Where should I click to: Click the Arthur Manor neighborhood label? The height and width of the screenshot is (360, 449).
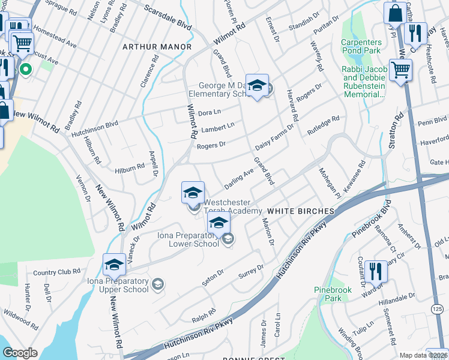click(157, 47)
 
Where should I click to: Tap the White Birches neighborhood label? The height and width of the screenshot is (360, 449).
click(300, 211)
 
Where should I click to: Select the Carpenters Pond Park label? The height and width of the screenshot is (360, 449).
click(361, 46)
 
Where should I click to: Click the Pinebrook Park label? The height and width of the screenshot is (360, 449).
click(332, 293)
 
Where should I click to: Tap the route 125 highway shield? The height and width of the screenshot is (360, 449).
click(438, 308)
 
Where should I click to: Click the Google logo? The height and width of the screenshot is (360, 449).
click(20, 353)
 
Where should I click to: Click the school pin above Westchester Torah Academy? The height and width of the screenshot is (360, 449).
click(193, 193)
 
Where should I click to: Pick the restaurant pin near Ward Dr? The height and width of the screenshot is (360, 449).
click(376, 271)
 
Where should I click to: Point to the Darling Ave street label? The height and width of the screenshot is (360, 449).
click(240, 178)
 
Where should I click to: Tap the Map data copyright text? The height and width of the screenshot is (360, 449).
click(423, 355)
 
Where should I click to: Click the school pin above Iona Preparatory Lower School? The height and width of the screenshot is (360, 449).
click(218, 223)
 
